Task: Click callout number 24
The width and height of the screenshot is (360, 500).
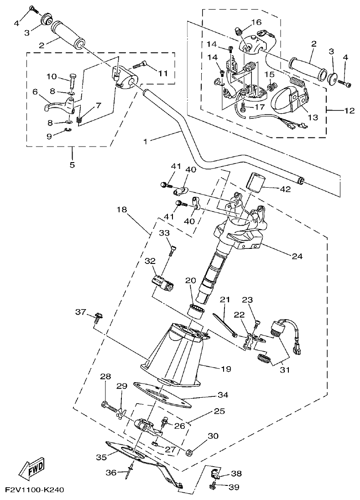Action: click(x=297, y=256)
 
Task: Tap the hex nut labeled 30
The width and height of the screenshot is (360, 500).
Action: click(x=190, y=453)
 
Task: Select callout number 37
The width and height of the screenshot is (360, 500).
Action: click(x=81, y=312)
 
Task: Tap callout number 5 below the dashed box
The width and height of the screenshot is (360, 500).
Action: click(x=72, y=164)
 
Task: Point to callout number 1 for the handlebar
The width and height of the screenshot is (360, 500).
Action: click(x=146, y=142)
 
